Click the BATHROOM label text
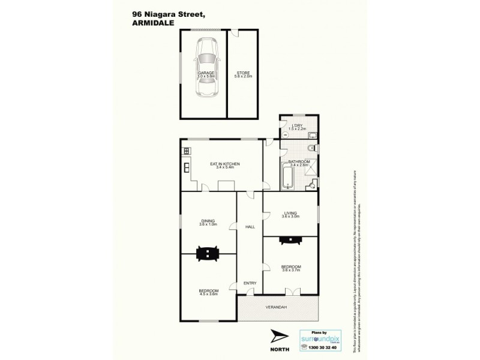[x=298, y=161]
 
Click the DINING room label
[x=208, y=220]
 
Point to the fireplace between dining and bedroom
[x=208, y=254]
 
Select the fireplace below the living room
[x=290, y=238]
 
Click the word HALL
[x=250, y=227]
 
